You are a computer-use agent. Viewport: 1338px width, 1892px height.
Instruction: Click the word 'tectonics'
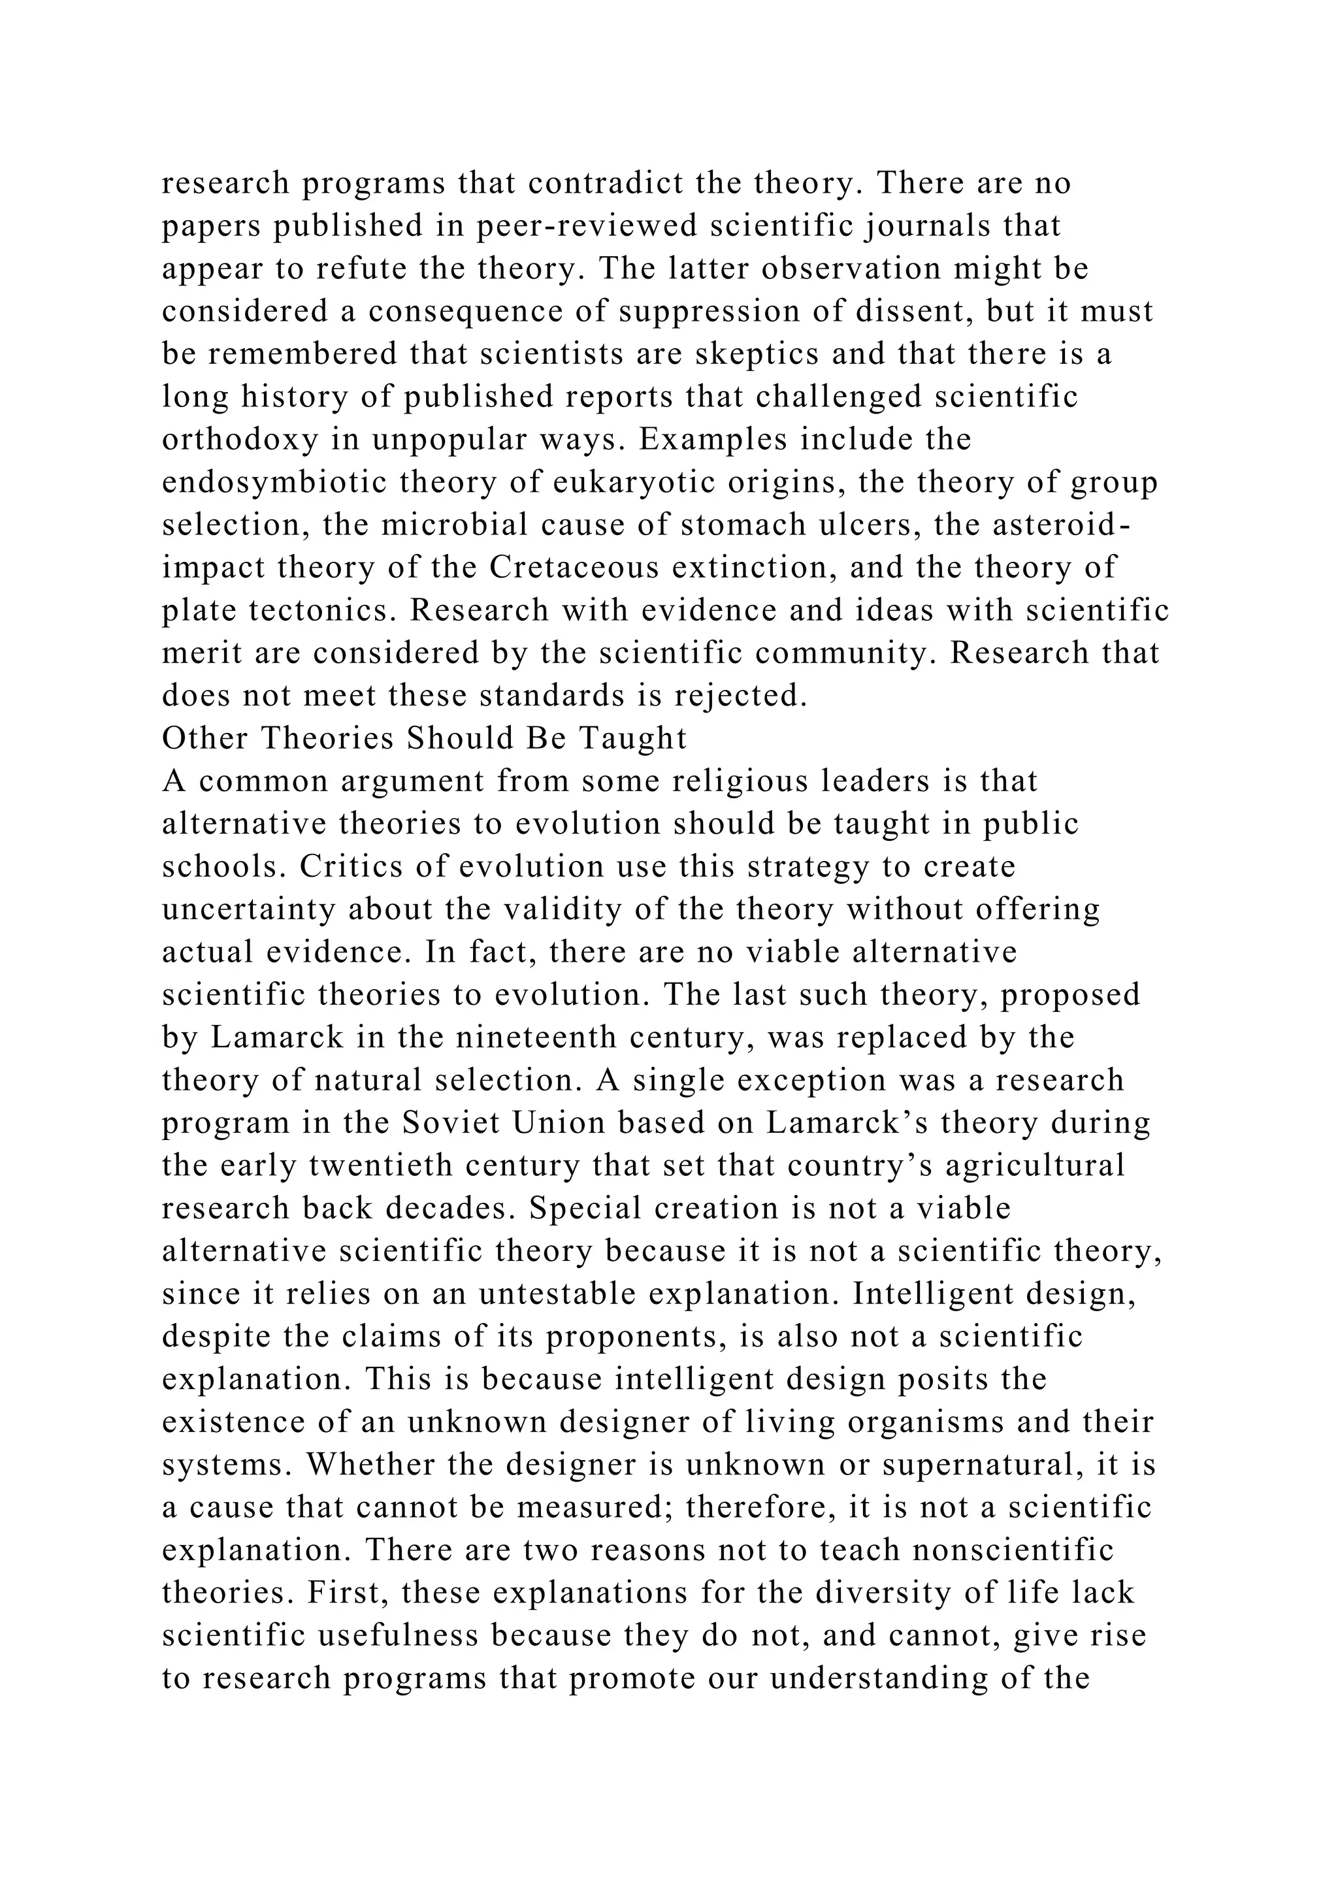[312, 611]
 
